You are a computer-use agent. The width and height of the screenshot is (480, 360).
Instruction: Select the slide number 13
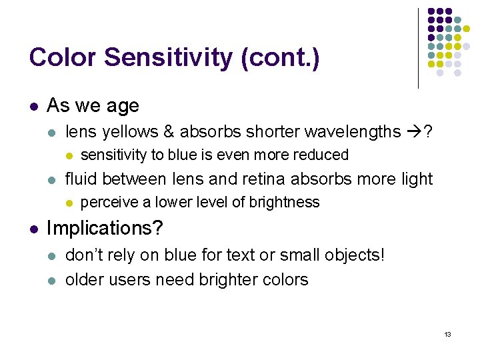click(x=447, y=333)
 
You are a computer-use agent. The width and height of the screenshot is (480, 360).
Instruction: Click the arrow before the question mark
click(x=411, y=132)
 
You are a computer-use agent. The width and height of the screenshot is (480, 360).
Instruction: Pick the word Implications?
click(x=105, y=228)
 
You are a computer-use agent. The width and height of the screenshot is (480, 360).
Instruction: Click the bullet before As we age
click(x=33, y=106)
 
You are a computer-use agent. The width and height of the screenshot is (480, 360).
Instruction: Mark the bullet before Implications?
click(x=33, y=229)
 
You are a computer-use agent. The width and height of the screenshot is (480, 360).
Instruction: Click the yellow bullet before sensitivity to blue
click(x=69, y=155)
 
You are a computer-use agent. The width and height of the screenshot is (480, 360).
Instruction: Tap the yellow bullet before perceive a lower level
click(x=69, y=203)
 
